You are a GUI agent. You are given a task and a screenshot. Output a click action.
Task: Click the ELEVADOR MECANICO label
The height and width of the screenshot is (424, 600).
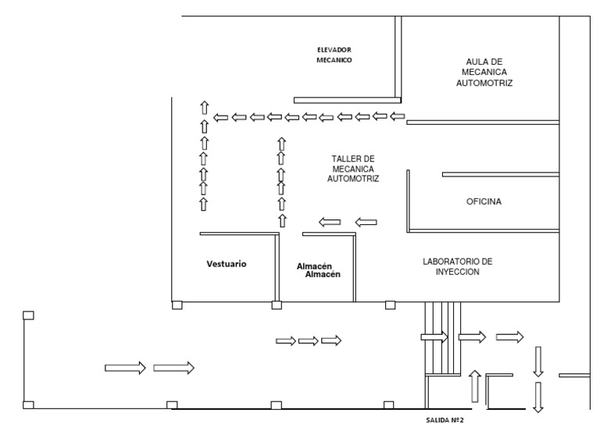pos(334,55)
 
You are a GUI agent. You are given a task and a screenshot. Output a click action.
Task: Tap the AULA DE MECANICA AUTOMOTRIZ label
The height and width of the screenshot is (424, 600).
pos(484,73)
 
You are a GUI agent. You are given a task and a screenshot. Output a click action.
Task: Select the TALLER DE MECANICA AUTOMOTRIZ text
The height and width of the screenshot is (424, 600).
pos(353,169)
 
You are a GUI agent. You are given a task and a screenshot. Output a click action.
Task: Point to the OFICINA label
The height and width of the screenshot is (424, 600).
pos(484,201)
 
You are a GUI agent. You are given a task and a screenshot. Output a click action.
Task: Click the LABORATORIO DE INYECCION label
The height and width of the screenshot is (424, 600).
pos(458,267)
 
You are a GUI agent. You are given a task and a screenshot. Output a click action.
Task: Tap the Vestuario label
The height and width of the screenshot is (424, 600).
pos(227,264)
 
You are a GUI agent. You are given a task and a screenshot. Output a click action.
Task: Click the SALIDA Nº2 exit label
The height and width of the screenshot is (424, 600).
pos(445,420)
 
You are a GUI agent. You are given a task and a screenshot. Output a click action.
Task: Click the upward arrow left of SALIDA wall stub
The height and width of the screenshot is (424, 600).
pos(475,387)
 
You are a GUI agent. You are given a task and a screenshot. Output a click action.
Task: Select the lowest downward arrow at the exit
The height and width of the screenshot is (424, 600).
pos(538,397)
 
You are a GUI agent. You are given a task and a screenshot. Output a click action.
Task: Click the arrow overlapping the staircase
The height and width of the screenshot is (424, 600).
pos(434,337)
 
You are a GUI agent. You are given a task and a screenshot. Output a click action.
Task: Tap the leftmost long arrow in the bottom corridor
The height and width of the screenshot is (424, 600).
pos(125,368)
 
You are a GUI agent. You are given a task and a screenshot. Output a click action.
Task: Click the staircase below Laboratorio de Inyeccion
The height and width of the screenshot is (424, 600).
pos(443,339)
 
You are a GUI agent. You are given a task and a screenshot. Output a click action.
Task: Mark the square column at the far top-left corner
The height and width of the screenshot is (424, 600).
pos(28,315)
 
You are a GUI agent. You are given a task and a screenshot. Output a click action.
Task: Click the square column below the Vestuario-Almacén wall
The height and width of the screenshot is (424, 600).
pos(277,305)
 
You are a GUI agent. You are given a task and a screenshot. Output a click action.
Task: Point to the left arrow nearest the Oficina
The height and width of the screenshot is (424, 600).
pos(366,222)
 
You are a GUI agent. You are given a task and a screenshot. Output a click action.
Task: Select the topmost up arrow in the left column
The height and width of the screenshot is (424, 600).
pos(205,108)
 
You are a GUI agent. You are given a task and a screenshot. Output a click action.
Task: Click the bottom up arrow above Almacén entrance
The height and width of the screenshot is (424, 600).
pos(282,221)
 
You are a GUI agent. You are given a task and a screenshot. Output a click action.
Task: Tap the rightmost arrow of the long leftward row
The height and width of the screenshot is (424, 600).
pos(397,116)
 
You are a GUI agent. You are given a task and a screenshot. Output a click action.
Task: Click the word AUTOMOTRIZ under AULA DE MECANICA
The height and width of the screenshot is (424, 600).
pos(484,83)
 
